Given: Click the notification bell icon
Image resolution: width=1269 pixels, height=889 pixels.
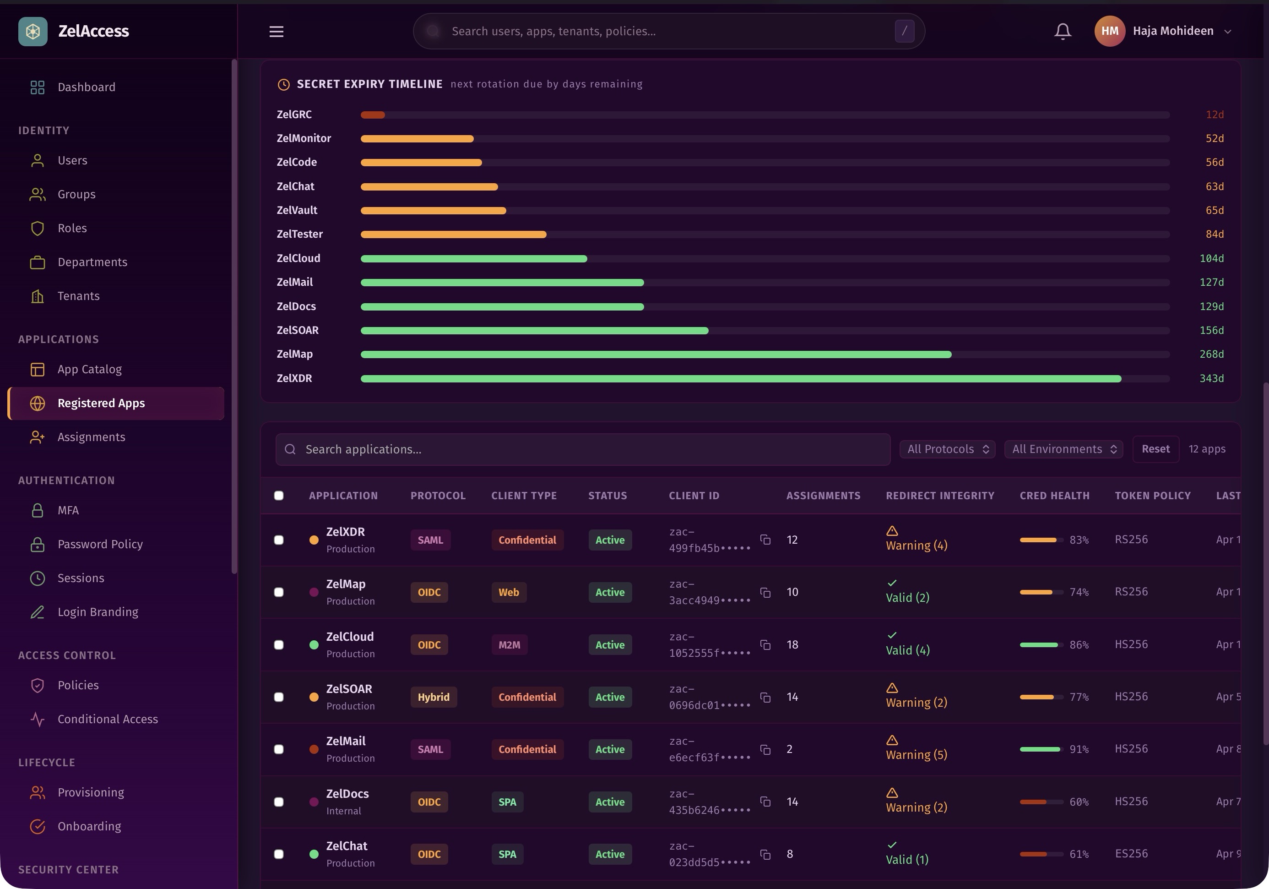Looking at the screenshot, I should point(1062,31).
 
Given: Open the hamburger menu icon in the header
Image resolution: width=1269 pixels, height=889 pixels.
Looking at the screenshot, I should point(277,32).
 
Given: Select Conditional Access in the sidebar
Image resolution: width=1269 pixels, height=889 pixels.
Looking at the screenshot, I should point(108,719).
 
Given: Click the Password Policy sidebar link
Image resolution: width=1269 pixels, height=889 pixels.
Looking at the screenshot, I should point(100,544).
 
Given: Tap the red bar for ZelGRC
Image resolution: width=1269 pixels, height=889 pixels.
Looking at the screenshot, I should point(373,115).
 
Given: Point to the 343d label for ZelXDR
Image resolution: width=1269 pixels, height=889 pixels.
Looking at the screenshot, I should point(1211,378).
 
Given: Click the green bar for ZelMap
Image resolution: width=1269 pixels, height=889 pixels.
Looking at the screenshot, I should point(656,355).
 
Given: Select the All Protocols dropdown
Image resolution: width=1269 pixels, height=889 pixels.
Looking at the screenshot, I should point(947,449).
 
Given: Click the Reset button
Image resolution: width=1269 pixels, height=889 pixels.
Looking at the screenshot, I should point(1155,449).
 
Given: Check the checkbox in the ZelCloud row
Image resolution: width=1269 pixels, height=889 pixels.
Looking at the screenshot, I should point(279,644).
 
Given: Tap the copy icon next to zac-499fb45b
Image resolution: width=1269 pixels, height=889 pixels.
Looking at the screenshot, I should point(765,540).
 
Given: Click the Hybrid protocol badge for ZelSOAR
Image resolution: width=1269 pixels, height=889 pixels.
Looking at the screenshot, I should point(434,697).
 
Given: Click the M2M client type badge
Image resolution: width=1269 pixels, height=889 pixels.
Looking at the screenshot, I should point(509,644).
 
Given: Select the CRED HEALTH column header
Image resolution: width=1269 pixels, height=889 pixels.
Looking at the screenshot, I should point(1054,496).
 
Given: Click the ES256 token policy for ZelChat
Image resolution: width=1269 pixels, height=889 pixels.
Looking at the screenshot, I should point(1131,854).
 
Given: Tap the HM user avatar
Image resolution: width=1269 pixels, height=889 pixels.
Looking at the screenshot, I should point(1109,31).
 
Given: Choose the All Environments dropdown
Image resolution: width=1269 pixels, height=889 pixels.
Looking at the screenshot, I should point(1063,449).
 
